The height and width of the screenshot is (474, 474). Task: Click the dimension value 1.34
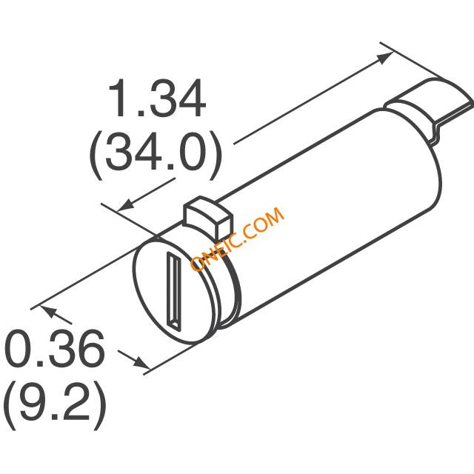[157, 99]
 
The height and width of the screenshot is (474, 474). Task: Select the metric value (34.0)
[156, 156]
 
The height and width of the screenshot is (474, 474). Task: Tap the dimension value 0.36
[55, 348]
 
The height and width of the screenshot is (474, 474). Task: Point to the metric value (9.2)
[55, 406]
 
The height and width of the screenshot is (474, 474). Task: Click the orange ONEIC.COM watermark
[237, 238]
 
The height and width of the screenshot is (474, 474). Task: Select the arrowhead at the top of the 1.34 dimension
[385, 58]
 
